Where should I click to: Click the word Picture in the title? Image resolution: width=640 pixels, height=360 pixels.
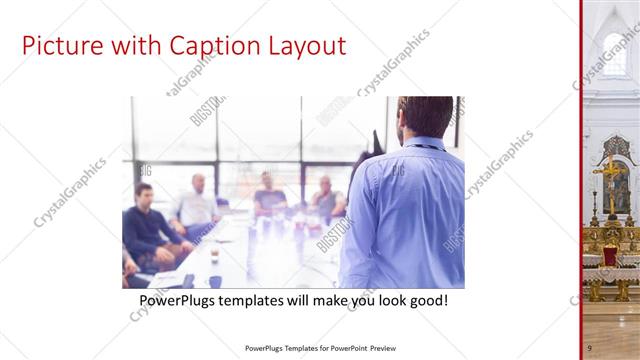(59, 46)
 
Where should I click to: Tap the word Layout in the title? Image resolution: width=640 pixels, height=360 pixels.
(299, 46)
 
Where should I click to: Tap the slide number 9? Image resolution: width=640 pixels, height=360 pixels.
(589, 347)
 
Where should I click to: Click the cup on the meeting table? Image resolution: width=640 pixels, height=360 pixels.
(214, 256)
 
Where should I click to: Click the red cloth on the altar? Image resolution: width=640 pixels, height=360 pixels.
(610, 256)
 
